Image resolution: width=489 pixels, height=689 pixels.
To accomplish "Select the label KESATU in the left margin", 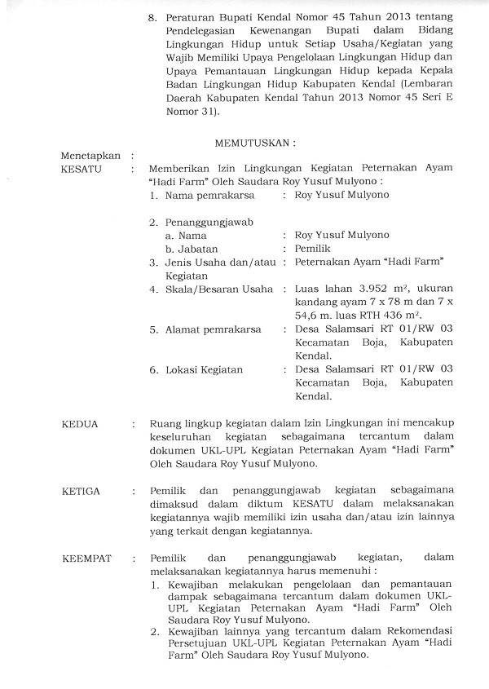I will [79, 170].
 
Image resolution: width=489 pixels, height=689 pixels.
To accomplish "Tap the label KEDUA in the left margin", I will [78, 424].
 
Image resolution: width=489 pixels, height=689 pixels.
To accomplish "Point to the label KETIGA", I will [79, 492].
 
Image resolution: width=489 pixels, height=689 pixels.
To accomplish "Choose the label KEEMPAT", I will [85, 559].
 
